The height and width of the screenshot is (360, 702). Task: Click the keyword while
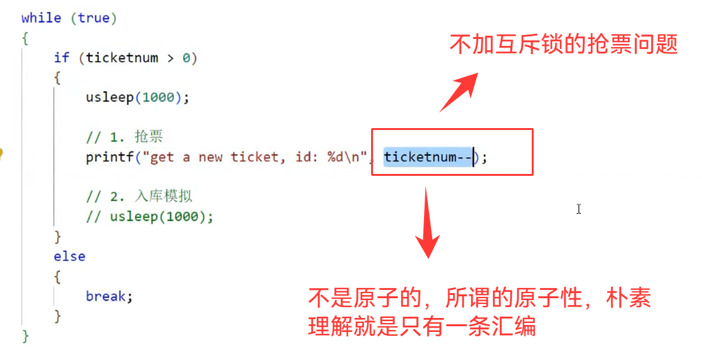pos(41,18)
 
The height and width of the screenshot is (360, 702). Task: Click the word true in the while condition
pos(94,18)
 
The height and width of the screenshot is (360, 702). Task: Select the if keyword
pos(61,58)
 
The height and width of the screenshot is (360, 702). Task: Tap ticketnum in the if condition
pos(122,58)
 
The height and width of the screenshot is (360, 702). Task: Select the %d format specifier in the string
pos(336,157)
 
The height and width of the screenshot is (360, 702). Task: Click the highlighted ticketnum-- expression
pos(428,157)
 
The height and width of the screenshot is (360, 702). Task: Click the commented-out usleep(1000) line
pos(150,217)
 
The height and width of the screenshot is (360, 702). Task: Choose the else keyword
pos(69,256)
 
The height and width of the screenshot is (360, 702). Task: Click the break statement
pos(109,296)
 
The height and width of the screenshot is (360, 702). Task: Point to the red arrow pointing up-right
pos(459,92)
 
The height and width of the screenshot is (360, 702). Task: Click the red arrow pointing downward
pos(427,222)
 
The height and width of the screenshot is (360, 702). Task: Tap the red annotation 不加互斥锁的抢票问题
pos(564,45)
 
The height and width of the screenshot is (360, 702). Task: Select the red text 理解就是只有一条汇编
pos(421,327)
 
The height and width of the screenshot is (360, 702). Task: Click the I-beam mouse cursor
pos(578,209)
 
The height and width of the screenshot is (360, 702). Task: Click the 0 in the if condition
pos(186,58)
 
